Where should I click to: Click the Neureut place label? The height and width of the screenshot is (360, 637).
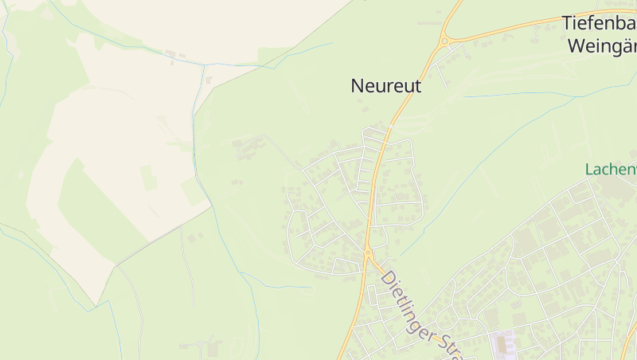385,86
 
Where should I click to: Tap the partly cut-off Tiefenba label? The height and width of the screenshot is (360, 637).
599,23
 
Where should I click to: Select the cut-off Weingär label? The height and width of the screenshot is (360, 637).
602,45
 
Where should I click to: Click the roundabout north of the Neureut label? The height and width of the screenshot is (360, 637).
444,40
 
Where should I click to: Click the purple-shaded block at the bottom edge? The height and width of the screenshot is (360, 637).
502,344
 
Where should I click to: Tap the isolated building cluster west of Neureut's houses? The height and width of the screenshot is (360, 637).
248,147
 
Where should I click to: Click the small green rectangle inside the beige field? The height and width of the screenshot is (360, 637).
149,177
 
